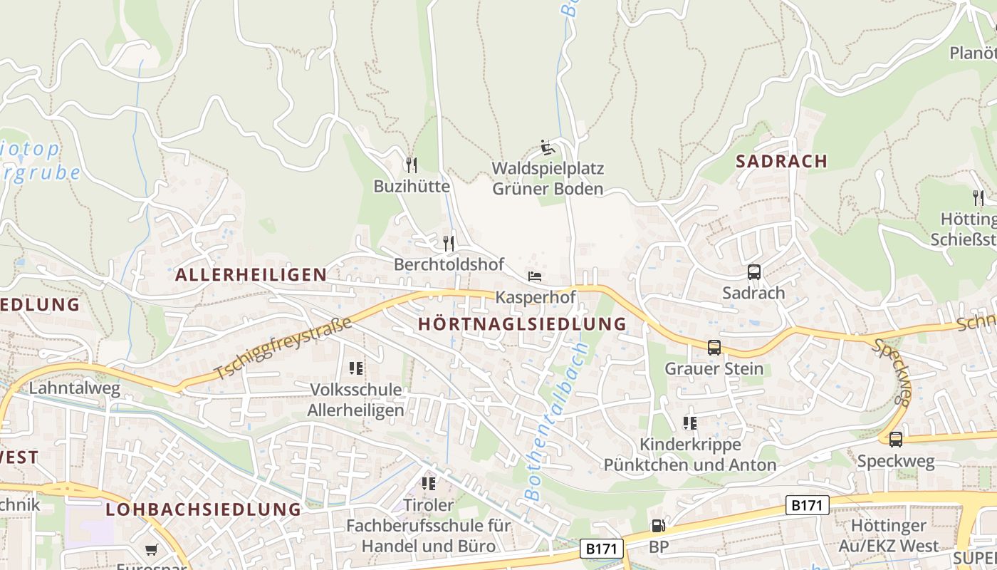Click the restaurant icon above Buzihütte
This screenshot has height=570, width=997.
[412, 165]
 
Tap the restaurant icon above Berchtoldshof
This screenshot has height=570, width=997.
[449, 243]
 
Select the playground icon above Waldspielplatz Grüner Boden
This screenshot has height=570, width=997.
[548, 147]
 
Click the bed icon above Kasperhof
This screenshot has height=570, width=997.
[535, 276]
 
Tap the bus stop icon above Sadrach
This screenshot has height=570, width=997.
[753, 272]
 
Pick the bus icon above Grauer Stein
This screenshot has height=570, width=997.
[714, 348]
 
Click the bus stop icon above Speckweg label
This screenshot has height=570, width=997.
[895, 440]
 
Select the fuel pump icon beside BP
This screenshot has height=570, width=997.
[658, 527]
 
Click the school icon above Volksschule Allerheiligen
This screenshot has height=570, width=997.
[356, 368]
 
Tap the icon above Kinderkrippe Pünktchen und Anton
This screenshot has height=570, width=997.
[689, 423]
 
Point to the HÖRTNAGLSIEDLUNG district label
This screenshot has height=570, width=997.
[522, 324]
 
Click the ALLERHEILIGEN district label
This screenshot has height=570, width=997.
[251, 274]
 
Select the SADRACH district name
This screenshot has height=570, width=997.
[781, 161]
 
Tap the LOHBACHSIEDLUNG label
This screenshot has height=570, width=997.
[204, 509]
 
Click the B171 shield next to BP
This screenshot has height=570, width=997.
[602, 549]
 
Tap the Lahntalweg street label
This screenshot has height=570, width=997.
[75, 388]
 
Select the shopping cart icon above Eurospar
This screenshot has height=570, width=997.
[151, 549]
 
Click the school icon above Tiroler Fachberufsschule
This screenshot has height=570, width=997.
[428, 484]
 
